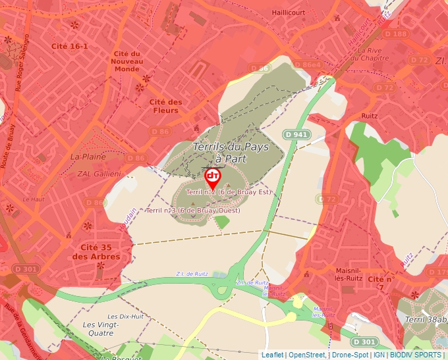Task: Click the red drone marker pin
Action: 212,176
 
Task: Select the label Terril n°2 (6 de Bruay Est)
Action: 229,192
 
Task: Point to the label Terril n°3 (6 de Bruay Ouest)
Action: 193,211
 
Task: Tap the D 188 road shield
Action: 395,34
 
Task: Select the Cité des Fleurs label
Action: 165,106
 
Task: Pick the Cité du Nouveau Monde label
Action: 126,61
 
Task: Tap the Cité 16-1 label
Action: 69,46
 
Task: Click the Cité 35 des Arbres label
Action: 96,251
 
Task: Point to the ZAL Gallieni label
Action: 99,174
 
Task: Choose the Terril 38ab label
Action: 426,319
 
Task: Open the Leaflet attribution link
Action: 272,355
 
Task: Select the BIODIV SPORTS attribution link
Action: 416,355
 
